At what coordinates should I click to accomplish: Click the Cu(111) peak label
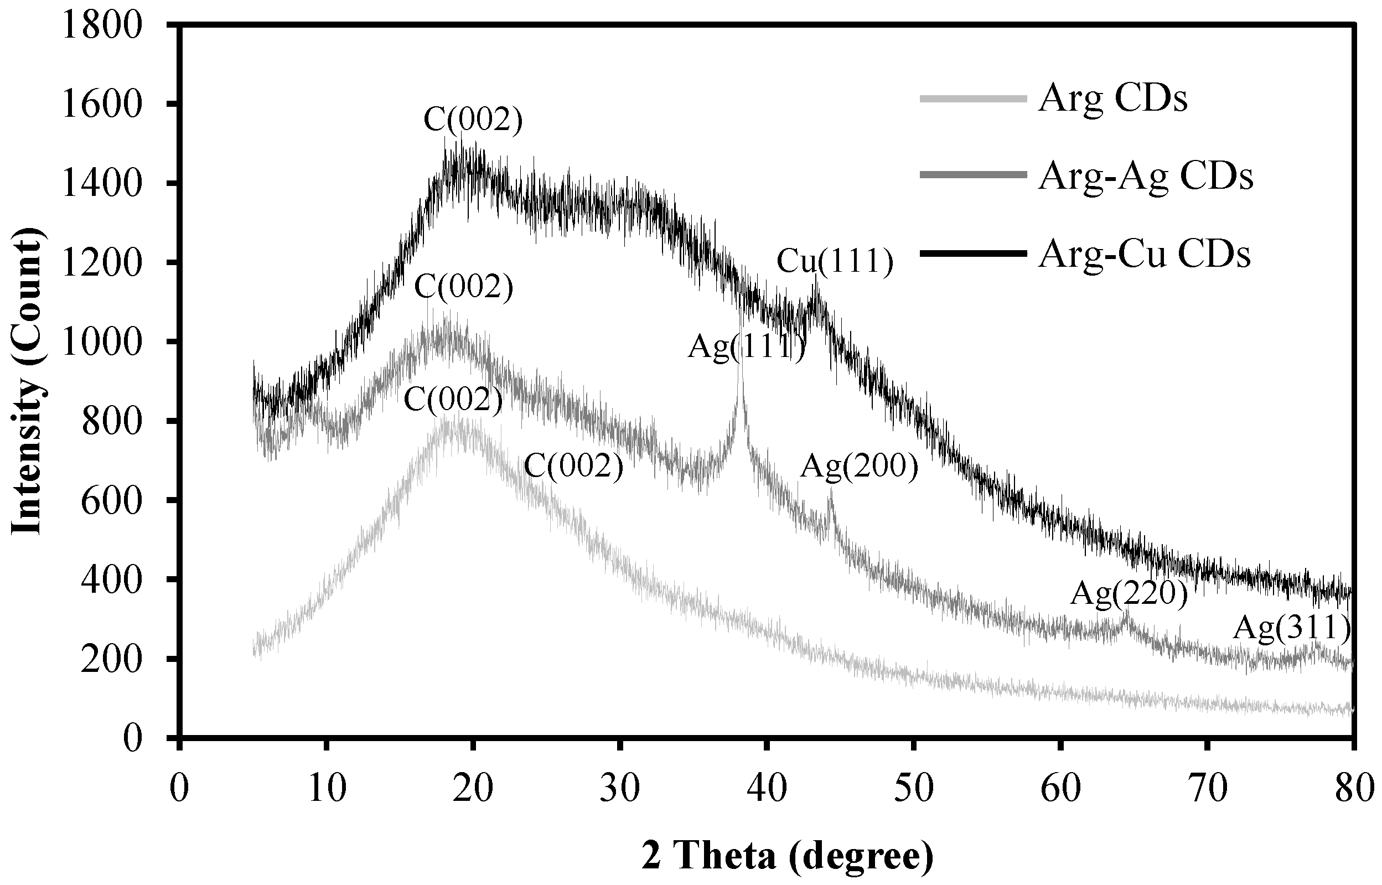pos(835,261)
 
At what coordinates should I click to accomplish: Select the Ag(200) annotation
pos(860,467)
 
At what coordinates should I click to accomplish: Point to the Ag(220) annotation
pos(1128,594)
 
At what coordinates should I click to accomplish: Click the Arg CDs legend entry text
pos(1112,100)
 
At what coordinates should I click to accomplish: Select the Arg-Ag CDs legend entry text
pos(1145,177)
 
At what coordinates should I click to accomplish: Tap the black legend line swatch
pos(973,253)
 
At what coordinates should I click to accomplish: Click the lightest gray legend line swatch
pos(973,100)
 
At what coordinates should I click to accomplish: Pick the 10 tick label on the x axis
pos(327,789)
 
